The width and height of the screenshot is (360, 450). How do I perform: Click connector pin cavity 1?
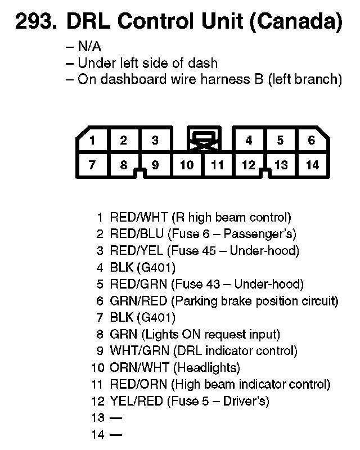coord(92,141)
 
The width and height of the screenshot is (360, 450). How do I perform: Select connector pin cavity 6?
coord(312,141)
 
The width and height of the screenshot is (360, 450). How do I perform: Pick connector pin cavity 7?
coord(92,165)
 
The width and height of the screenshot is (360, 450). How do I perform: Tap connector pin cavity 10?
coord(187,165)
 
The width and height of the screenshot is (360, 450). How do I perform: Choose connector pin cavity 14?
coord(312,165)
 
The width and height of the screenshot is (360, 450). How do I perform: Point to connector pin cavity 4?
coord(249,141)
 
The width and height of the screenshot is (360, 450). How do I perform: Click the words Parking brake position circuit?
coord(256,301)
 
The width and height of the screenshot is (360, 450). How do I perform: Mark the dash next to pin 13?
coord(116,418)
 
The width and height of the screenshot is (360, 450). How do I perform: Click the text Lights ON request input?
coord(211,334)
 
